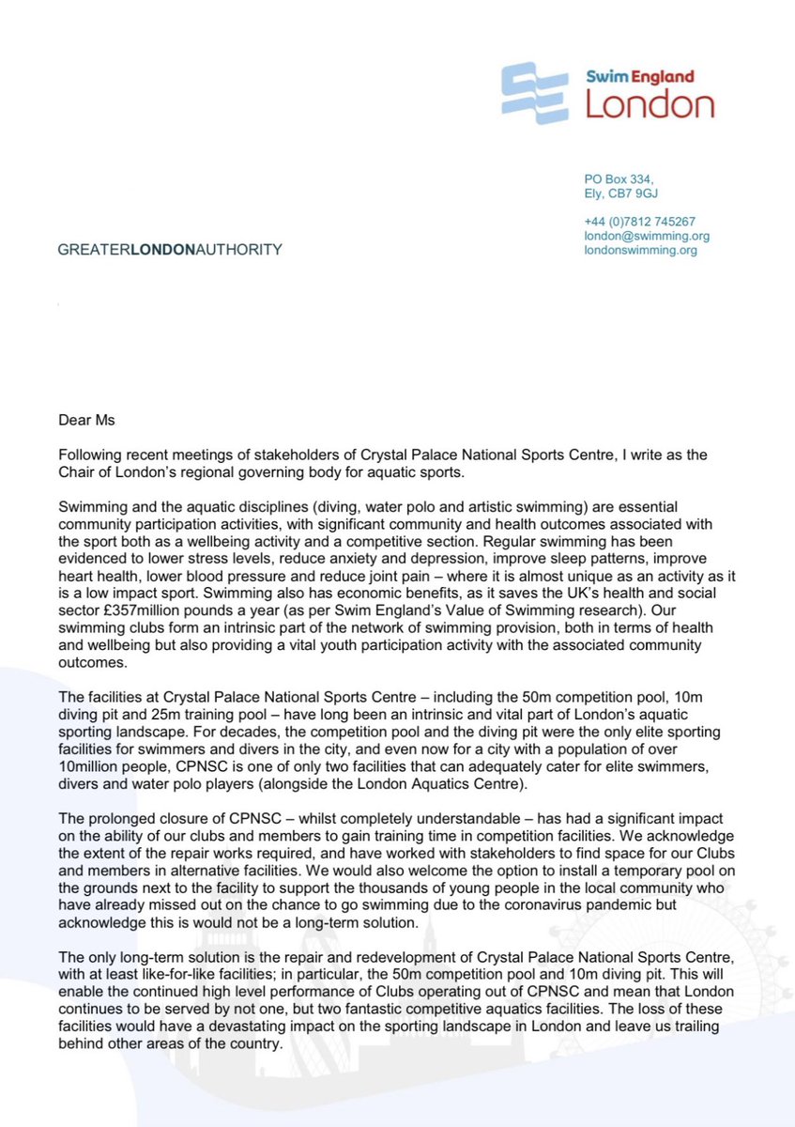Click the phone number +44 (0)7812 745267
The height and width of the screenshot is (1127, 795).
tap(639, 222)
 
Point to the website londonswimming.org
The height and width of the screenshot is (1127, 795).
tap(640, 251)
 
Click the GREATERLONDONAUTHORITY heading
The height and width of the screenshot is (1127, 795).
tap(170, 250)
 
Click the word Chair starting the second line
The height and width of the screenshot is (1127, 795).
tap(76, 470)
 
